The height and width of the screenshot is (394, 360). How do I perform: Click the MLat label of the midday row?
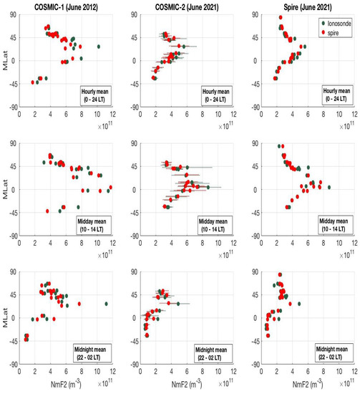tap(8, 190)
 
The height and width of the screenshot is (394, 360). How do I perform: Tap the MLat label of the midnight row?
tap(8, 318)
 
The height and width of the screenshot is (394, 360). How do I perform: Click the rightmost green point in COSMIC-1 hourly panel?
tap(98, 47)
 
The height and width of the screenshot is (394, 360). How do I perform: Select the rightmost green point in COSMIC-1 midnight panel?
tap(106, 304)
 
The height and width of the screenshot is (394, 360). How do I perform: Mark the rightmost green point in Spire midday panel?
tap(329, 187)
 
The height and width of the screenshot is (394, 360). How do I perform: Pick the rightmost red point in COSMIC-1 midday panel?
tap(110, 188)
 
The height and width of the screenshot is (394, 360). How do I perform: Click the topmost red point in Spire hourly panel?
tap(280, 17)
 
